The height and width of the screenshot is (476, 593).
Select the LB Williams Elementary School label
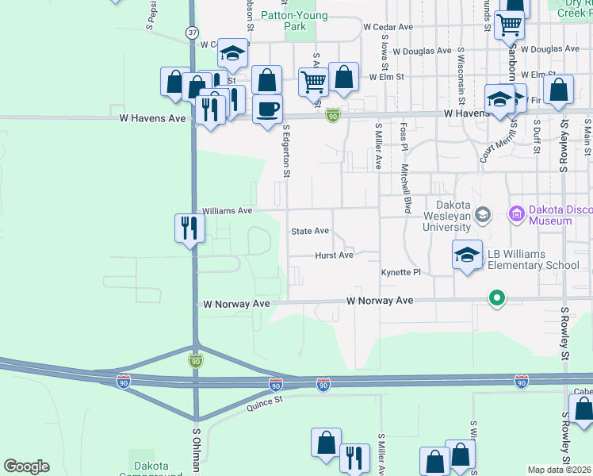pyautogui.click(x=533, y=259)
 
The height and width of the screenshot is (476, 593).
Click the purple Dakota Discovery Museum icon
pyautogui.click(x=518, y=213)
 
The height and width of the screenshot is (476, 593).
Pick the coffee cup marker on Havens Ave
pyautogui.click(x=267, y=108)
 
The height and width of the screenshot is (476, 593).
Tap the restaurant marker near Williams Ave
pyautogui.click(x=189, y=229)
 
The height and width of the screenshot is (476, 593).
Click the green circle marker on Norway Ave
pyautogui.click(x=497, y=299)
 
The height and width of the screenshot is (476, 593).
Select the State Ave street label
pyautogui.click(x=310, y=231)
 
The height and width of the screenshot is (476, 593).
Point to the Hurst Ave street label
pyautogui.click(x=334, y=255)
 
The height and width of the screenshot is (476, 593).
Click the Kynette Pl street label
pyautogui.click(x=400, y=272)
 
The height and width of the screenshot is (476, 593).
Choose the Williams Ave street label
pyautogui.click(x=228, y=211)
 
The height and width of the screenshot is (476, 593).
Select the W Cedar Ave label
pyautogui.click(x=388, y=26)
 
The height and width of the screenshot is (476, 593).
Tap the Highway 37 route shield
pyautogui.click(x=193, y=33)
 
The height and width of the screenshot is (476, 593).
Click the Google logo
pyautogui.click(x=27, y=466)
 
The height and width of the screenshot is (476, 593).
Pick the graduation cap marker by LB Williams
pyautogui.click(x=468, y=255)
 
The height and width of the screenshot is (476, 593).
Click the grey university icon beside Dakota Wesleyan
pyautogui.click(x=481, y=215)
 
